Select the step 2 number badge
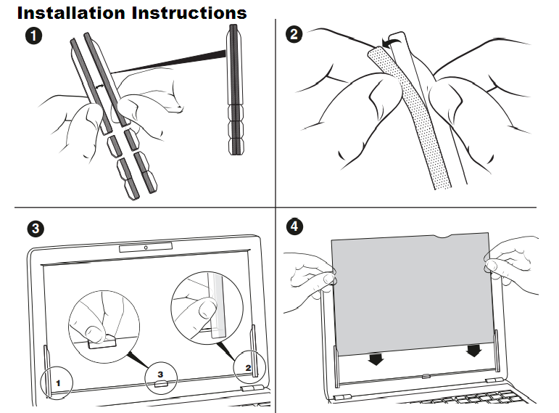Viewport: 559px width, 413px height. point(294,33)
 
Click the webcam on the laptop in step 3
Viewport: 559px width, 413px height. point(146,248)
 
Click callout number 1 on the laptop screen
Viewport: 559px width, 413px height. point(60,380)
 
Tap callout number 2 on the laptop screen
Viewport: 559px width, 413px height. point(248,369)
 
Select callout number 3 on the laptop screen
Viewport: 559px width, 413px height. point(161,372)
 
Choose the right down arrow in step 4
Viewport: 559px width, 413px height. point(474,351)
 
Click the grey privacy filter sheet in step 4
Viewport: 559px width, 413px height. point(410,290)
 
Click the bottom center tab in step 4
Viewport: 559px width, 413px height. point(425,376)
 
